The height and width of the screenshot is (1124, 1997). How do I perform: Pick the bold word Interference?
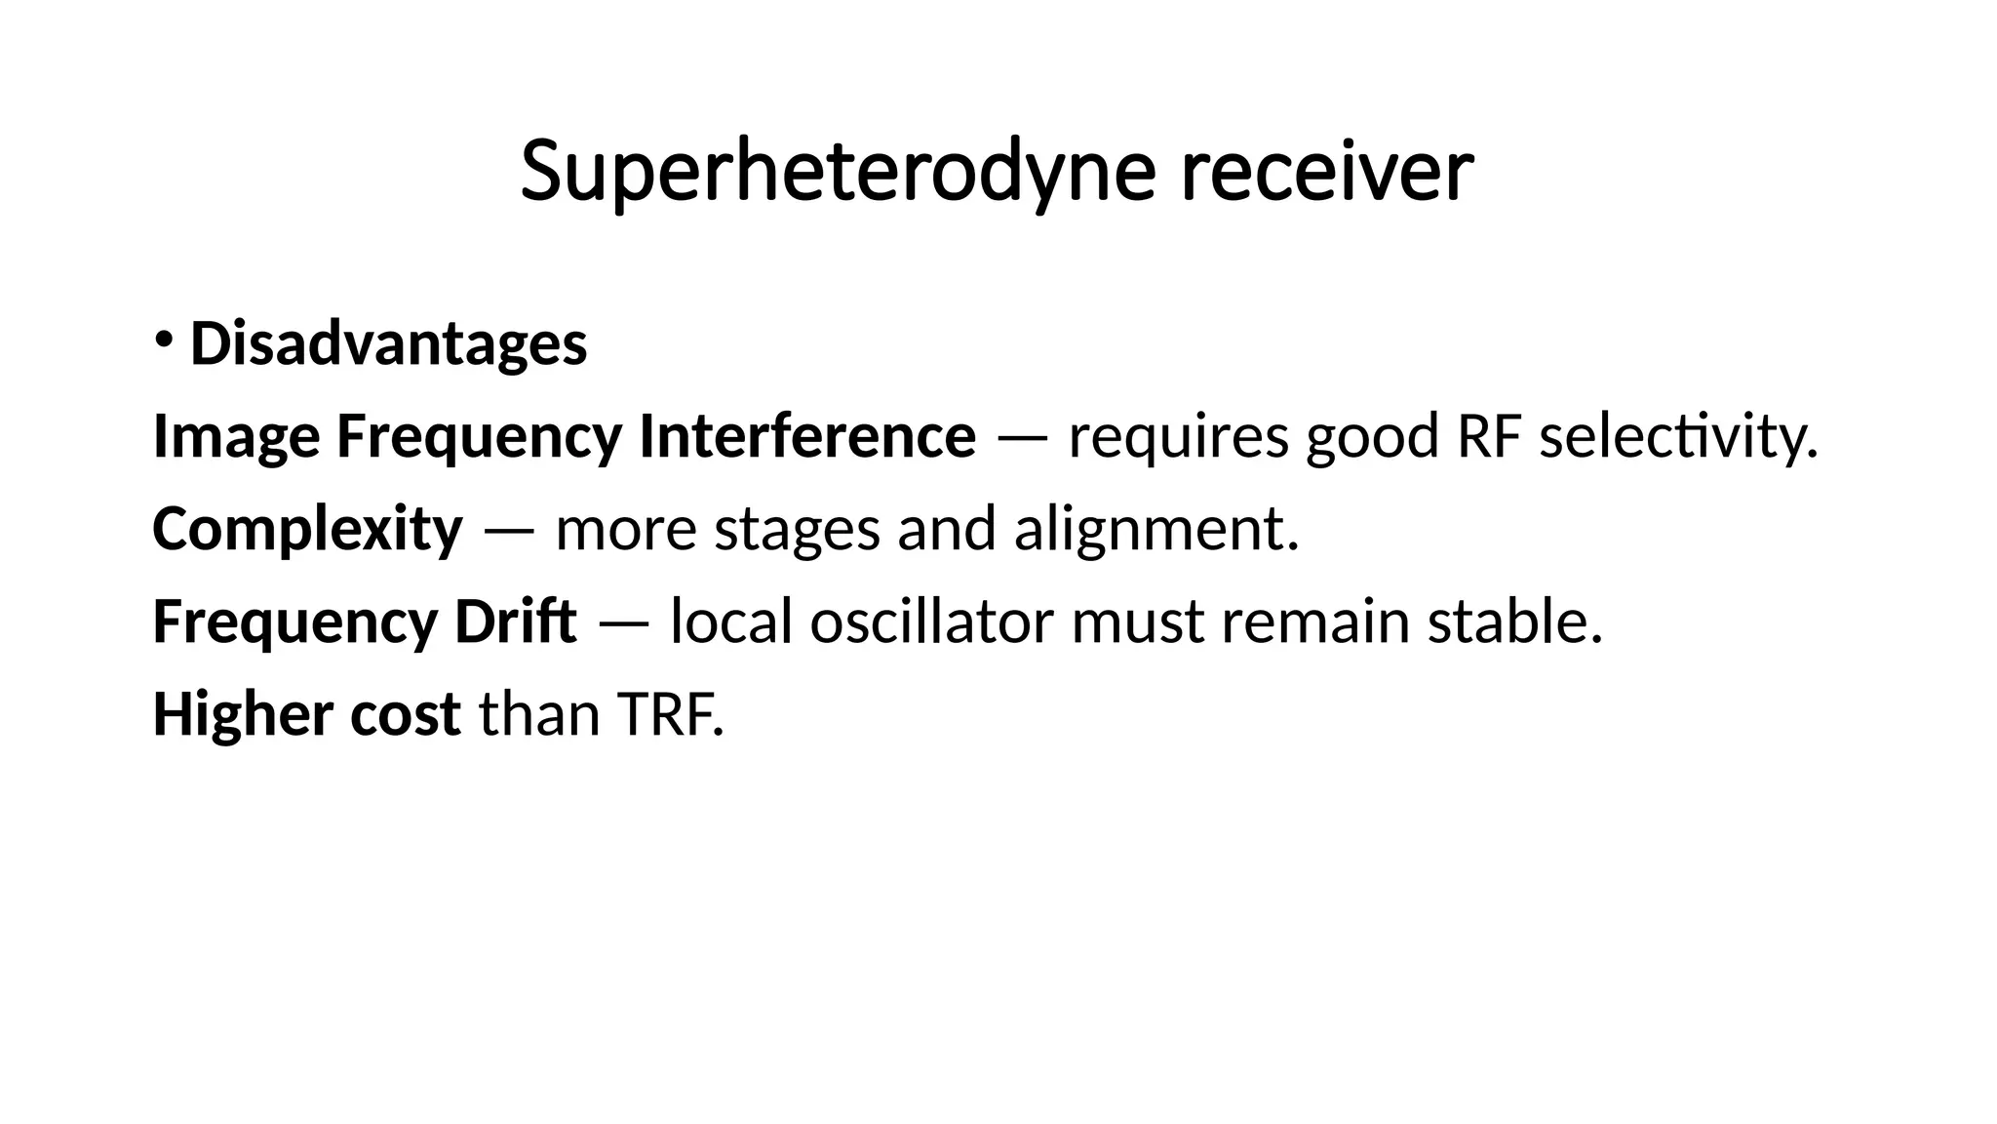[x=806, y=436]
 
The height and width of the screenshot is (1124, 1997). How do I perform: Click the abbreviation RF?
[x=1489, y=436]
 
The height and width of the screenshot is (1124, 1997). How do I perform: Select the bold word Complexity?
[x=307, y=529]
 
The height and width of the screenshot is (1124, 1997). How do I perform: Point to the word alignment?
[x=1155, y=529]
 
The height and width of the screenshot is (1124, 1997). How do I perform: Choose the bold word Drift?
[x=515, y=622]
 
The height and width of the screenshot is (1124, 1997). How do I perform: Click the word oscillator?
[x=931, y=622]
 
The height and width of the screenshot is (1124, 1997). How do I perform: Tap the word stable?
[x=1514, y=622]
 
